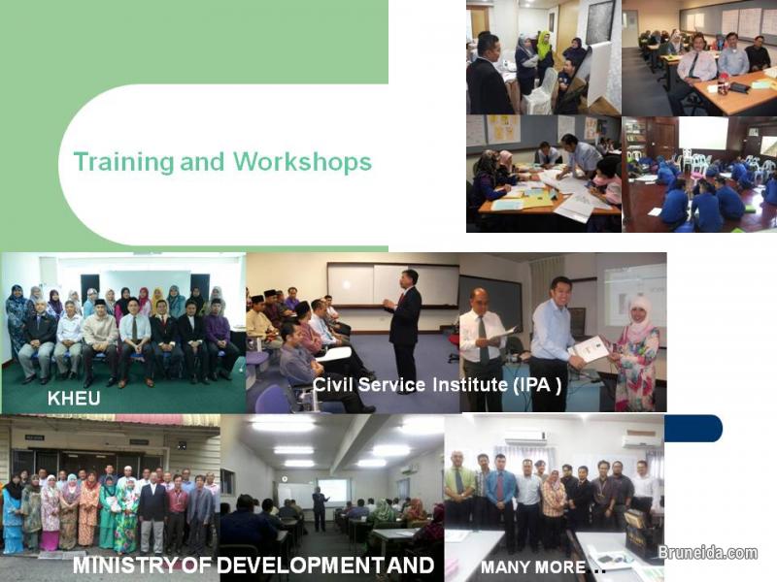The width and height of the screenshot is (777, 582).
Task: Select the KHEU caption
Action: point(74,399)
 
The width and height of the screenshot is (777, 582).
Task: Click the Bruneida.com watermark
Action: point(707,553)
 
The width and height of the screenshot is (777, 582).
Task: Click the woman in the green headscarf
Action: point(544,48)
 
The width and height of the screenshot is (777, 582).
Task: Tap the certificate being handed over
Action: point(590,348)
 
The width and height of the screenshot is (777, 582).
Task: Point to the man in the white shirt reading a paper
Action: point(483,344)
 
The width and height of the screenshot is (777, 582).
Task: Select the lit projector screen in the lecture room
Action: point(333,492)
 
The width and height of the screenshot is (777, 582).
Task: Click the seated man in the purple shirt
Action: point(219,339)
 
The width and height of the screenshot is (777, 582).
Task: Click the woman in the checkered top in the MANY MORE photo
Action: point(554,500)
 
